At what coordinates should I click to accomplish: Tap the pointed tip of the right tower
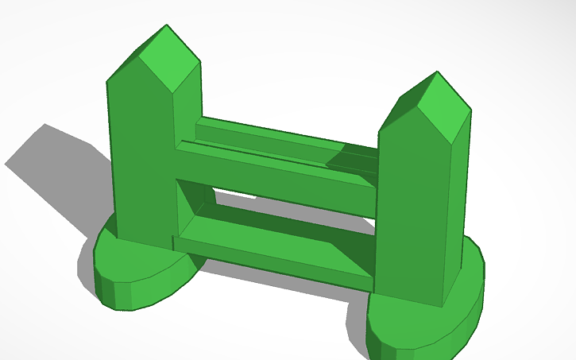(x=436, y=72)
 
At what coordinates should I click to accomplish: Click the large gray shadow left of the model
(x=56, y=167)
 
